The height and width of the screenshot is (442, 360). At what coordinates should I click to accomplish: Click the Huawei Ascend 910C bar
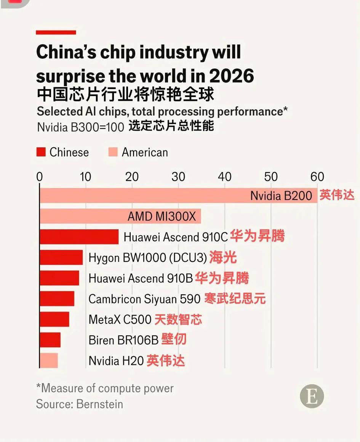[x=79, y=237]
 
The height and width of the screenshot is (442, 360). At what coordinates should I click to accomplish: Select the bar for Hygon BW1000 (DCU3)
[x=61, y=258]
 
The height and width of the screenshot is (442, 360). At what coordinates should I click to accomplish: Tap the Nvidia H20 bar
[x=49, y=361]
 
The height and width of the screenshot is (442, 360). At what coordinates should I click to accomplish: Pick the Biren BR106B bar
[x=50, y=340]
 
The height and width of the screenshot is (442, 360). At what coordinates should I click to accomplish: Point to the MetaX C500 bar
[x=54, y=319]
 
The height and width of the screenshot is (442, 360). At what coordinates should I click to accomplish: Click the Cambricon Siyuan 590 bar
[x=57, y=299]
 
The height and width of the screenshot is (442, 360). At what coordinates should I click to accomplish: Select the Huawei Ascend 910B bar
[x=59, y=278]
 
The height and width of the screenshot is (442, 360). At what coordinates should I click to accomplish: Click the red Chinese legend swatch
[x=41, y=152]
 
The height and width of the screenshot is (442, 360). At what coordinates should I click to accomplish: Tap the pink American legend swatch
[x=113, y=152]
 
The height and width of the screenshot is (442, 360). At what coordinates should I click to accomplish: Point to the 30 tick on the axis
[x=178, y=177]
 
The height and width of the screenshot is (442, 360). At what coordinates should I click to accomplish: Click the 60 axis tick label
[x=317, y=177]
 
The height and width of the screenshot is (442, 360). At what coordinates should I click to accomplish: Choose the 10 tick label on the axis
[x=86, y=177]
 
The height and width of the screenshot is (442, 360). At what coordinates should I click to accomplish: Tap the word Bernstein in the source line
[x=100, y=404]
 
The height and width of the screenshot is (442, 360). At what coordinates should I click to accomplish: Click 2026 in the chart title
[x=231, y=76]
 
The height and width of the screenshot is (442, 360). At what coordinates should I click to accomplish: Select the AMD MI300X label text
[x=162, y=217]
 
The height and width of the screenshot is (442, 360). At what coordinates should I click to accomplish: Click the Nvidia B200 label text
[x=281, y=196]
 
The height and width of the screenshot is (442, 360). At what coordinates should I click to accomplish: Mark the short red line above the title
[x=56, y=33]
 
